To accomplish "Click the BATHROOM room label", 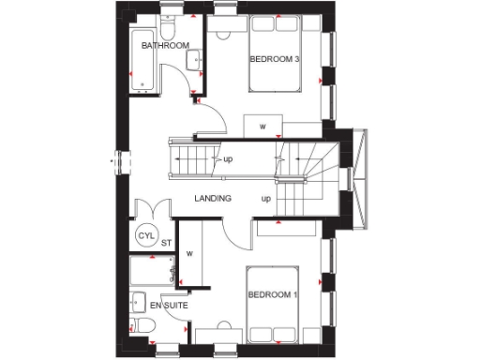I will coord(166,45).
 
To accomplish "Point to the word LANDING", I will coord(214,199).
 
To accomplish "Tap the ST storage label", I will coord(166,244).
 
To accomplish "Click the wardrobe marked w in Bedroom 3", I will coord(262,125).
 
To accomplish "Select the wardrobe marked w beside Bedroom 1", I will coord(189,252).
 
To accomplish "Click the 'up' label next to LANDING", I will coord(266,199).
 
